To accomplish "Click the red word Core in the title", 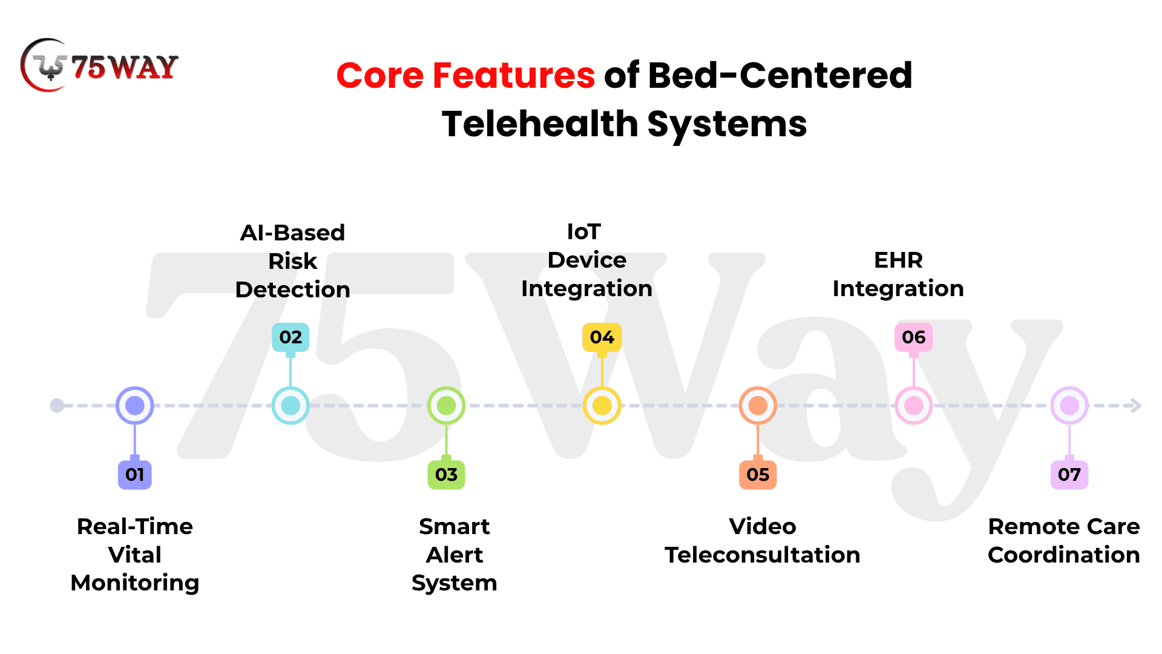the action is click(x=380, y=76).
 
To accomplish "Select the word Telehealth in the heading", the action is click(x=540, y=124).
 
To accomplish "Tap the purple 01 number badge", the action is click(x=135, y=474).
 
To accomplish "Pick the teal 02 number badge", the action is click(x=290, y=337).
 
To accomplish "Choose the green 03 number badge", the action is click(x=446, y=474).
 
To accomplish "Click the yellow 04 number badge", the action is click(x=602, y=337).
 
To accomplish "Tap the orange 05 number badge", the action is click(x=758, y=474).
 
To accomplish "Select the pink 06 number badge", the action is click(x=914, y=337).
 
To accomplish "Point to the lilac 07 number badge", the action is click(x=1069, y=474).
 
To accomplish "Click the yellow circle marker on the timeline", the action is click(x=602, y=406).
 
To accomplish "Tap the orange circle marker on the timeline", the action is click(x=758, y=406).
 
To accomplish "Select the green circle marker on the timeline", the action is click(x=446, y=406).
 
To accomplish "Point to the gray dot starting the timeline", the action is click(x=57, y=406).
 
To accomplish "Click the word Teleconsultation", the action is click(x=763, y=555).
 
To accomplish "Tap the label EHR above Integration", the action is click(x=899, y=260).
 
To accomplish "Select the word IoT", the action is click(x=584, y=232).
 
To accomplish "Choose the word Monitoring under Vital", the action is click(x=135, y=583).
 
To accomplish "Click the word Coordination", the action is click(x=1064, y=555).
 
